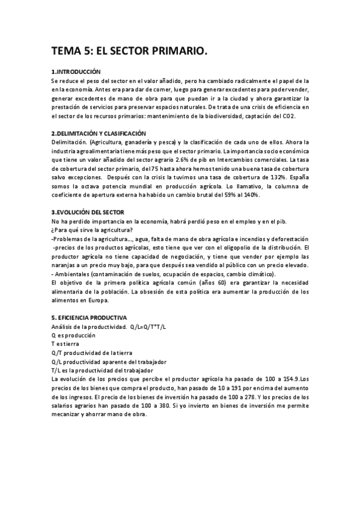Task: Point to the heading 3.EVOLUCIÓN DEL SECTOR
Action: pyautogui.click(x=88, y=212)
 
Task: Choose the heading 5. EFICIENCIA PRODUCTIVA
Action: pyautogui.click(x=89, y=317)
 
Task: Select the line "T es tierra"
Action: pyautogui.click(x=66, y=343)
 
